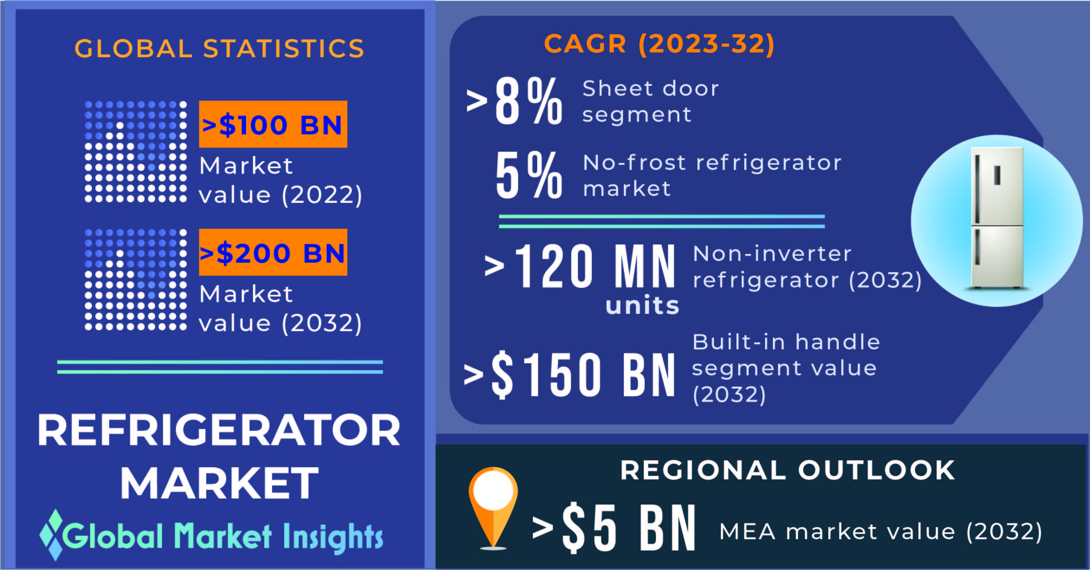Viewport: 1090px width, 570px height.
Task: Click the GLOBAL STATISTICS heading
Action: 219,48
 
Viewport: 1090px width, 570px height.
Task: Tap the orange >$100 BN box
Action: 273,124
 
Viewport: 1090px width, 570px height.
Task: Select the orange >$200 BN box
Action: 273,252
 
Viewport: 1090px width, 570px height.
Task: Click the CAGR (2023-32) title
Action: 659,44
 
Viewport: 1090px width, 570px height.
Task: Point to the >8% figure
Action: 514,101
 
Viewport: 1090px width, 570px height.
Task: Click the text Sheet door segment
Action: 650,102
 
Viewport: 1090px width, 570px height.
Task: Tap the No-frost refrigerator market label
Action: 712,176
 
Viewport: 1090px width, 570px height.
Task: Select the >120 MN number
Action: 580,266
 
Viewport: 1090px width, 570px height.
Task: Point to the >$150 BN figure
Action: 569,375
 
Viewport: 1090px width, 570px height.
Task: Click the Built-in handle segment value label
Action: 786,368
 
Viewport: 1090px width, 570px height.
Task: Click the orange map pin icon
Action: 493,508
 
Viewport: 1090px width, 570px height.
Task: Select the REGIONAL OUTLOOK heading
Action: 788,470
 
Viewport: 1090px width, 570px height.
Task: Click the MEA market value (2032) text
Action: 881,532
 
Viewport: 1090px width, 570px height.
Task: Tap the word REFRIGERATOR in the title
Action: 219,430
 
